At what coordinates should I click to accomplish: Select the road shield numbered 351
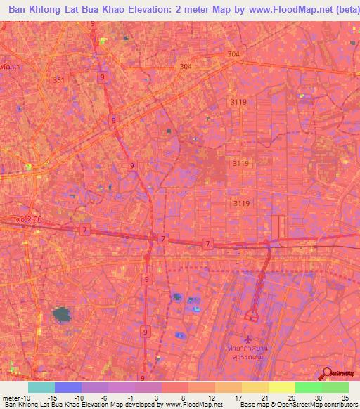(x=59, y=80)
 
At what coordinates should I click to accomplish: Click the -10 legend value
(x=81, y=397)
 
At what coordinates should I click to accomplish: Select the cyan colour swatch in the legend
(x=41, y=387)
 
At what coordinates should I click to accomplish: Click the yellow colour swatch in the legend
(x=281, y=387)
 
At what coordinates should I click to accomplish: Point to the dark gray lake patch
(x=63, y=315)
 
